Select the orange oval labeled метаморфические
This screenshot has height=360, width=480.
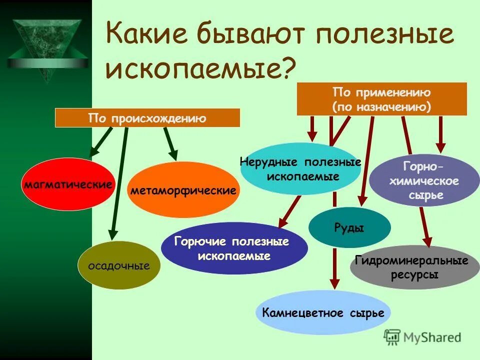(183, 190)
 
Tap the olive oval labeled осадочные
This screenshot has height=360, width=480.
(119, 265)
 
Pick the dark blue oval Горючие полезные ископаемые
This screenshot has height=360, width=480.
(234, 248)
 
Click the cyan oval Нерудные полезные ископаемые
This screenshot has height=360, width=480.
(300, 169)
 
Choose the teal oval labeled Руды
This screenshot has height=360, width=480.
(349, 228)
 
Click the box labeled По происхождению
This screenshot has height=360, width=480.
(147, 118)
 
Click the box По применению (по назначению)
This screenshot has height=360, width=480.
(381, 99)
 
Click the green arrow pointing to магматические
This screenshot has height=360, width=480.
(101, 142)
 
